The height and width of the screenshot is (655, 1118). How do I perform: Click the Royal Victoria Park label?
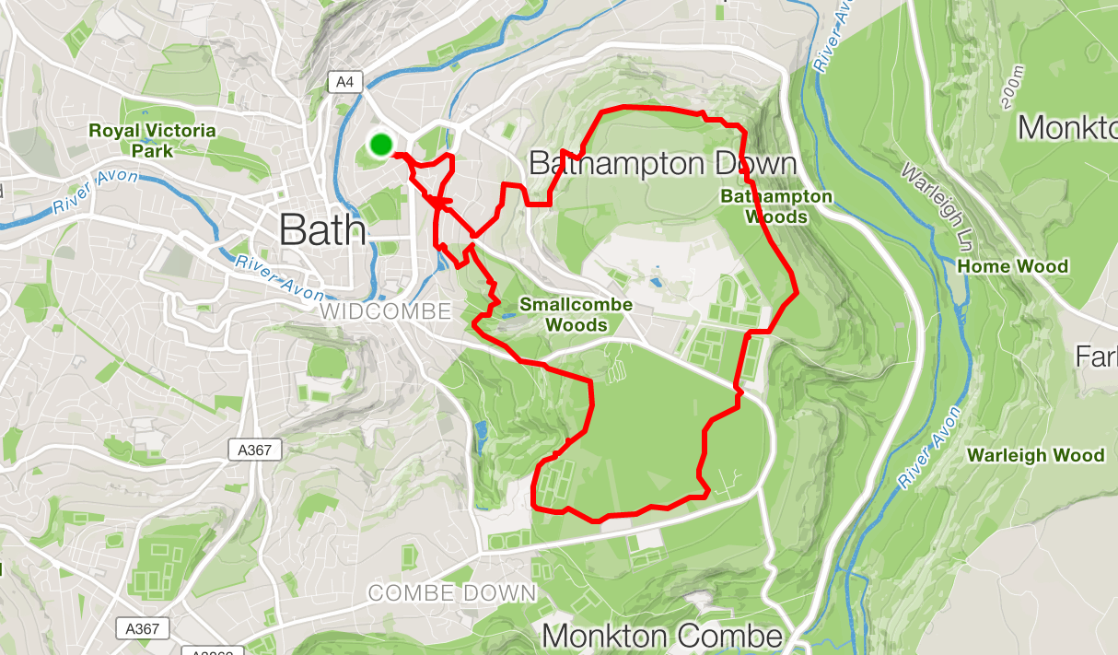coord(152,140)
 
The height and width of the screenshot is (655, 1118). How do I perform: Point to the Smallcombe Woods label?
coord(576,314)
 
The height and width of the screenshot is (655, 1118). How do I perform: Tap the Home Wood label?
coord(1013,266)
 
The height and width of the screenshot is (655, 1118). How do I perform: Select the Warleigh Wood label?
coord(1036,455)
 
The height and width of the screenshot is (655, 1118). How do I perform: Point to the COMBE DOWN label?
coord(452,592)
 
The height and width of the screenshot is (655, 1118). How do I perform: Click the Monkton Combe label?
coord(663,636)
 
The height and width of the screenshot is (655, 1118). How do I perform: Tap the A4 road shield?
coord(344,82)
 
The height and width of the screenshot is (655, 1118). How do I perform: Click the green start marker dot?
coord(381,144)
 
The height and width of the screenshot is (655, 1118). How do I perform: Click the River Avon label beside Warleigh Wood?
coord(930,441)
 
